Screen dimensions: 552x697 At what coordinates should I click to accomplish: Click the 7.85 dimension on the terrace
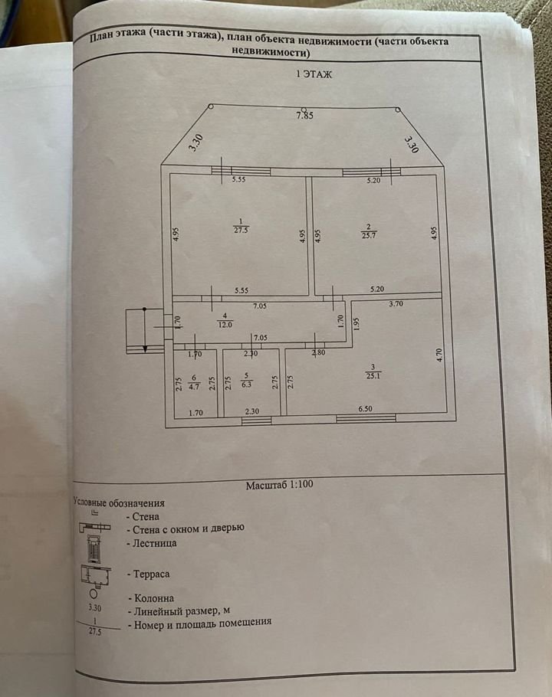(304, 116)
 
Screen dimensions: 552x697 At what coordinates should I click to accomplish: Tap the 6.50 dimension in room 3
(365, 408)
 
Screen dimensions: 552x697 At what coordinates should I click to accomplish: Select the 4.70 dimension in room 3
(439, 355)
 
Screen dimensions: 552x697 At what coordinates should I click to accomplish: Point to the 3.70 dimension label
(396, 304)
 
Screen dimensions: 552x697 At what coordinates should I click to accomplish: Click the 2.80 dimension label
(318, 354)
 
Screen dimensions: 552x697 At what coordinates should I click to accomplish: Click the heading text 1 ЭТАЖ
(314, 74)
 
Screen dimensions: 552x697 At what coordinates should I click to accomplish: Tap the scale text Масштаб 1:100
(279, 485)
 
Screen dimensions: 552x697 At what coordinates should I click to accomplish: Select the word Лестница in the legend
(155, 543)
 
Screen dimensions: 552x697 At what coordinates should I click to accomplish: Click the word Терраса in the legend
(152, 574)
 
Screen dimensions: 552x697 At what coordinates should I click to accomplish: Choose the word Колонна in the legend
(154, 598)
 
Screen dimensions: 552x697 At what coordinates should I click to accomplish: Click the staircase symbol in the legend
(93, 549)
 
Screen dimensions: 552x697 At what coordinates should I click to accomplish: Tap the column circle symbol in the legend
(94, 593)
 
